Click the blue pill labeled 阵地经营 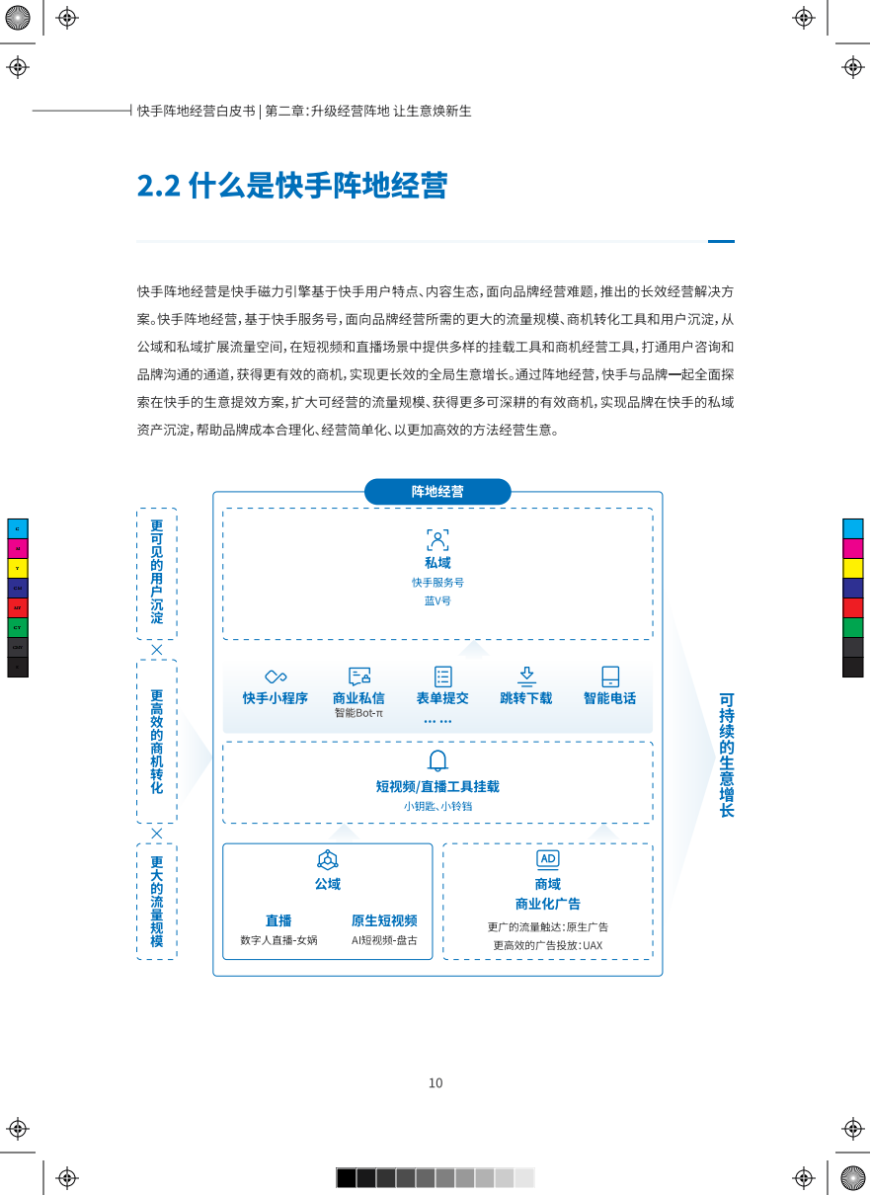437,491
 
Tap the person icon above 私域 437,540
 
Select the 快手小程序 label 275,698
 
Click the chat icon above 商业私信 359,676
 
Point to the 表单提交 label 442,698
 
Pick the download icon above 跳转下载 526,676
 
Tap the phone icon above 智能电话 610,676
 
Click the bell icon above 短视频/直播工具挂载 437,760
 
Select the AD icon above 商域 548,859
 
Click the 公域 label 327,884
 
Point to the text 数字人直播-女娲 278,940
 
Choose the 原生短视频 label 384,920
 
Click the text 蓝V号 437,600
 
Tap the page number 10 435,1082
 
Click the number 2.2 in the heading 159,186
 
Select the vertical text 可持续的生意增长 726,755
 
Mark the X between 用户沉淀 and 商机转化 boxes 157,650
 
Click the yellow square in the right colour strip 853,568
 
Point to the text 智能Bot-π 358,713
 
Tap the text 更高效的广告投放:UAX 547,945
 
